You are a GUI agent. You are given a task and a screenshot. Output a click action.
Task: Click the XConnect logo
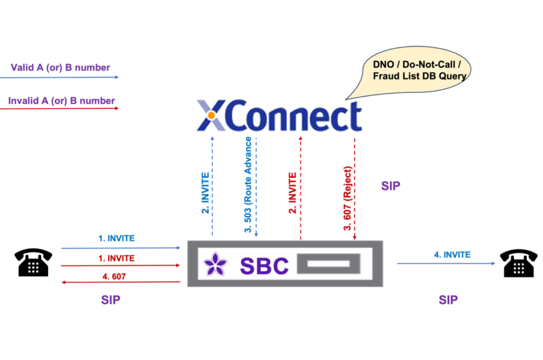(279, 115)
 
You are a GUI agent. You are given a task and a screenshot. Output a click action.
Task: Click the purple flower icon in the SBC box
(216, 264)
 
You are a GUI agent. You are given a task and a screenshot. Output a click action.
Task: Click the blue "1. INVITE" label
(117, 239)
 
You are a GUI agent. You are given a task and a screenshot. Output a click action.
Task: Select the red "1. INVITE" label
(117, 258)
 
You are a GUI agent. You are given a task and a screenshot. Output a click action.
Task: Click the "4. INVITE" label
(452, 254)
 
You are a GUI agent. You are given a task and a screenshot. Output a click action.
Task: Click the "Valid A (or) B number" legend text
(60, 68)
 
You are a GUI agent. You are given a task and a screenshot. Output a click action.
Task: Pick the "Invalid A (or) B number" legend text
(62, 101)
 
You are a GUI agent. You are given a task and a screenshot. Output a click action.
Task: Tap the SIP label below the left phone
(111, 300)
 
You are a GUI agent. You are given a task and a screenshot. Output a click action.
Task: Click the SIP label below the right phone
(448, 300)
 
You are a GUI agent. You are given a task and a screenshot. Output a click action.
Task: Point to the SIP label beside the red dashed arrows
(391, 186)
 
